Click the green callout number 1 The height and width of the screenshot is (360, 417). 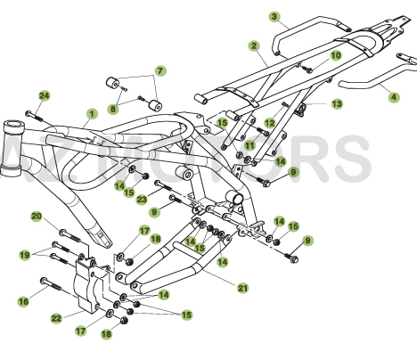point(91,113)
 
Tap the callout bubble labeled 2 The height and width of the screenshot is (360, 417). point(254,45)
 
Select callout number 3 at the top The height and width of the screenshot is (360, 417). point(274,16)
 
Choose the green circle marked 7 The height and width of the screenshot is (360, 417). point(160,70)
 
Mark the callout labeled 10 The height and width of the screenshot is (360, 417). point(335,55)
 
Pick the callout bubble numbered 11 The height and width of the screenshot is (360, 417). point(250,144)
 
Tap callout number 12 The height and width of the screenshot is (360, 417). point(270,122)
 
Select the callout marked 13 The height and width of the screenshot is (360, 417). point(337,104)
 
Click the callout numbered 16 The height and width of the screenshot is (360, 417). point(23,302)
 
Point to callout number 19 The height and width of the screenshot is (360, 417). point(23,253)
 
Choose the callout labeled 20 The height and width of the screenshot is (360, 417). point(37,216)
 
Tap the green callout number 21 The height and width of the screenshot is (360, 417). point(242,287)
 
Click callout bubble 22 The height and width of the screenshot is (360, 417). point(55,318)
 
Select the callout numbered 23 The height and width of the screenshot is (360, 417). point(141,200)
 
